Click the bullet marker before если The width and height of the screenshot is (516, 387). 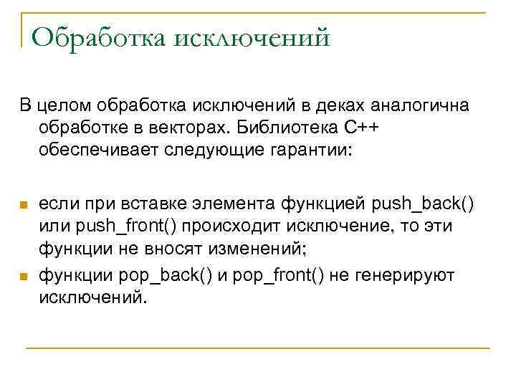click(x=23, y=206)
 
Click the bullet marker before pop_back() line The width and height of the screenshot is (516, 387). click(x=23, y=276)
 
